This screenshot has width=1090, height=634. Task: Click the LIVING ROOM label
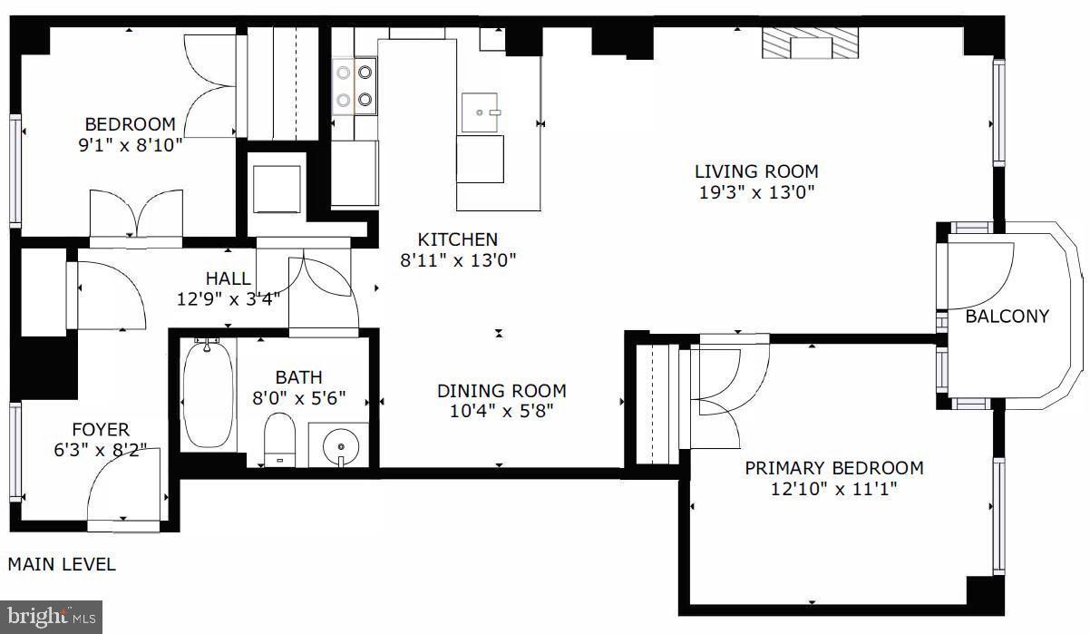coord(756,171)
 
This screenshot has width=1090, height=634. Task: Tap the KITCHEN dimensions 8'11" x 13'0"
coord(457,260)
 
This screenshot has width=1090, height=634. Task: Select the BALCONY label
coord(1007,317)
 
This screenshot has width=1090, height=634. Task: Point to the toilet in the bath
coord(280,439)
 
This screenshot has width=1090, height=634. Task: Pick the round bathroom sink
coord(339,445)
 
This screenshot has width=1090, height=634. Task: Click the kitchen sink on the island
coord(481,113)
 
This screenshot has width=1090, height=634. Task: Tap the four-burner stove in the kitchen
coord(355,85)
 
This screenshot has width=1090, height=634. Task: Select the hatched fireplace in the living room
coord(809,43)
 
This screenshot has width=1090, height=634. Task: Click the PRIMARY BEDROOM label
coord(833,468)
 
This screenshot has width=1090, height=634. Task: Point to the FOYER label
coord(101,429)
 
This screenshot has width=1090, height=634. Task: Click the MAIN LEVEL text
coord(62,564)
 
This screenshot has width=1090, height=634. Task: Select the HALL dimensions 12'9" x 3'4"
coord(229,297)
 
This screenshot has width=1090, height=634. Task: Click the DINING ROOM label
coord(501,391)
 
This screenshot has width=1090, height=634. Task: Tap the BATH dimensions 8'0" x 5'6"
coord(311,398)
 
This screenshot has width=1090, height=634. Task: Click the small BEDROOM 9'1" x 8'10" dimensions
coord(130,144)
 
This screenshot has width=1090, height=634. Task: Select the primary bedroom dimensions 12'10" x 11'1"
coord(833,490)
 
